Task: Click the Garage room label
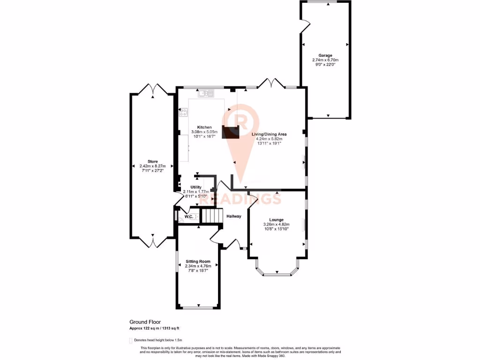pos(325,55)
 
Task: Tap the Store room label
pos(152,161)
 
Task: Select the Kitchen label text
pos(204,127)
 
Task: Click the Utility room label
pos(195,187)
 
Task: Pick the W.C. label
pos(189,217)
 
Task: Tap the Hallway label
pos(234,216)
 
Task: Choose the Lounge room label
pos(277,219)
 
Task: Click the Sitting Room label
pos(198,261)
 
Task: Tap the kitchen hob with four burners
pos(183,112)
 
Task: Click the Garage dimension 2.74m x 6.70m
pos(325,60)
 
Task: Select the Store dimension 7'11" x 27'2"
pos(152,171)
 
